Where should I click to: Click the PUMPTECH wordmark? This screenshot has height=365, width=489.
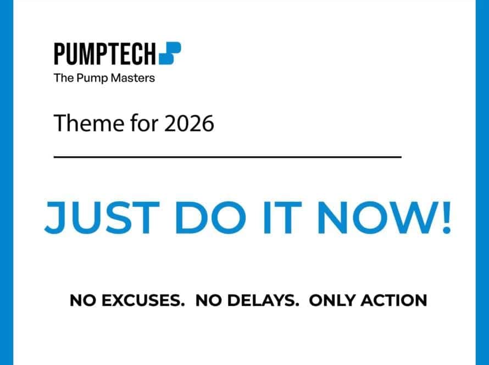click(105, 54)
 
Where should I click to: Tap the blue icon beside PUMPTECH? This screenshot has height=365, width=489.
click(170, 53)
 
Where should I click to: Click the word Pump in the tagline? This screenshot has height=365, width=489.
click(92, 78)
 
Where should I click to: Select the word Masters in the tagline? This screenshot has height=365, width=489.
click(133, 78)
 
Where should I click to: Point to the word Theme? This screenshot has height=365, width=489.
click(89, 123)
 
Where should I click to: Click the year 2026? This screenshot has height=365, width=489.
click(189, 123)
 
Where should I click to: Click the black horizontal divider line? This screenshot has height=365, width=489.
click(227, 157)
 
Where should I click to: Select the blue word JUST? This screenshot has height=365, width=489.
click(102, 218)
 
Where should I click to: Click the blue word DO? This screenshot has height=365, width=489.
click(210, 218)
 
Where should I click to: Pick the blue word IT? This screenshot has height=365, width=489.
click(282, 218)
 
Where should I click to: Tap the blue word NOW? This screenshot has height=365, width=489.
click(373, 218)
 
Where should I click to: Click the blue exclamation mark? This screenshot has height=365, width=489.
click(446, 218)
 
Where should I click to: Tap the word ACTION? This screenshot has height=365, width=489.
click(393, 301)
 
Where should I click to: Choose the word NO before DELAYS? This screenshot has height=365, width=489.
click(208, 301)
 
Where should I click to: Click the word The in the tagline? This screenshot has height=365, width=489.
click(64, 78)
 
